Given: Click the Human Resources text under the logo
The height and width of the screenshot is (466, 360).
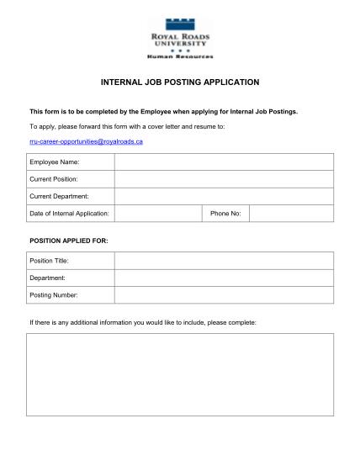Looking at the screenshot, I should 180,56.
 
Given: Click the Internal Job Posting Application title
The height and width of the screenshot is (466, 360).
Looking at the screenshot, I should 180,82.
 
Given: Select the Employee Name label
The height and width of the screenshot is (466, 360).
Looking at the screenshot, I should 56,162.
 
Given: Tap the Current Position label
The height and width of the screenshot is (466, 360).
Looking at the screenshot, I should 54,179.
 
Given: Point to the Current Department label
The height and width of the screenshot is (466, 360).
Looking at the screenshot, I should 60,197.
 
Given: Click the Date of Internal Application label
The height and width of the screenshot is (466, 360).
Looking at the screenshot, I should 70,214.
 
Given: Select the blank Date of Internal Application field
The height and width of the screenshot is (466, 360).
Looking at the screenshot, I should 158,214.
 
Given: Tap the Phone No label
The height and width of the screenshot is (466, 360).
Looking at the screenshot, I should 225,214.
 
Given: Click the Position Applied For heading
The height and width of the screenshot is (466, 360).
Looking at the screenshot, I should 69,241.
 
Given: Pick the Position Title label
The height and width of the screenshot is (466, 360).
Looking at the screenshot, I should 49,260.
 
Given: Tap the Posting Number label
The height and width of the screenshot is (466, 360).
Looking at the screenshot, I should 54,294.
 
